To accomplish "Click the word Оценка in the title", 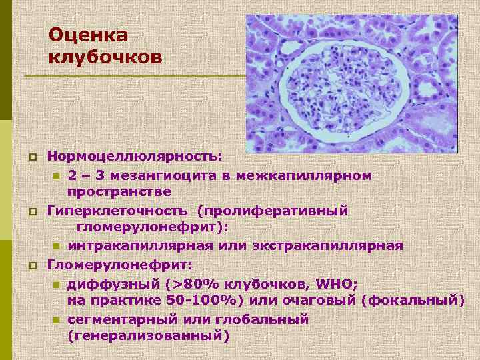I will click(x=88, y=35).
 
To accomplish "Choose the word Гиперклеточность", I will click(x=118, y=210).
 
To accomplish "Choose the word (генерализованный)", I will click(x=148, y=336).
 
